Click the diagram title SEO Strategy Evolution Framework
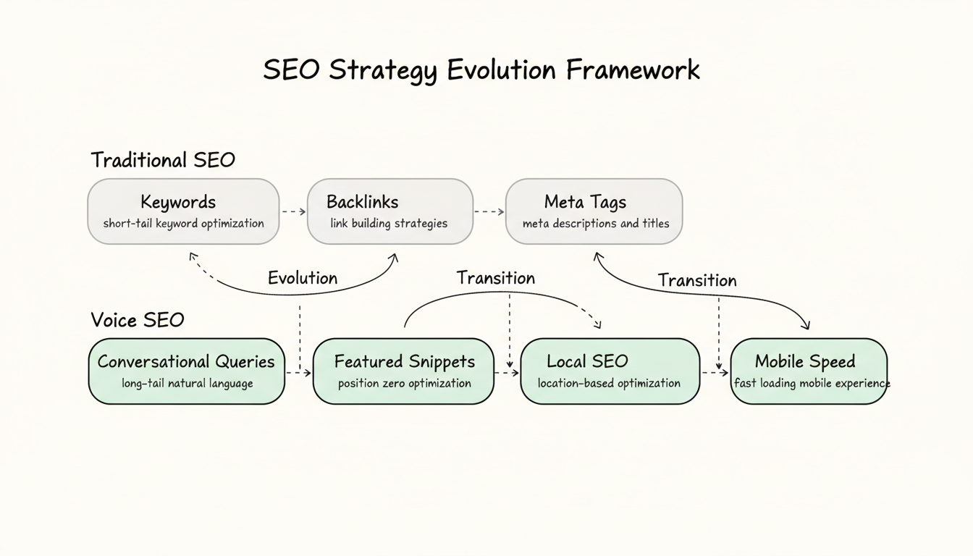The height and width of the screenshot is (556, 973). coord(481,70)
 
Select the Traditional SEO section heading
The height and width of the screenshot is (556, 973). coord(163,160)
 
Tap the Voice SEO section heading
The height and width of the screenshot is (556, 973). coord(138,320)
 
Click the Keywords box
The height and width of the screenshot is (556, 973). coord(183,211)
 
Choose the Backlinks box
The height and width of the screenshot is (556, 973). coord(389,211)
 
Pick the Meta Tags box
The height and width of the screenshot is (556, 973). coord(594,211)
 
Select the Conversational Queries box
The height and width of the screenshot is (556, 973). coord(186,371)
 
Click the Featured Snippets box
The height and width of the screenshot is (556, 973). coord(403,371)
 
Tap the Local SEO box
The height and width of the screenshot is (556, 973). coord(610,371)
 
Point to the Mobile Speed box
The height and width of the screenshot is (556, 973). coord(809,371)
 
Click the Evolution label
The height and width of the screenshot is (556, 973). coord(303,278)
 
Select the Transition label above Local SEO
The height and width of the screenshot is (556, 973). coord(496,278)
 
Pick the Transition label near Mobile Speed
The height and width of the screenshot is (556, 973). coord(697,280)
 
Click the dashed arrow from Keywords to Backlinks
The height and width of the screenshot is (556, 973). coord(293,211)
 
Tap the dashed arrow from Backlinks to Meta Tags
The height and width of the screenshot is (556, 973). coord(489,211)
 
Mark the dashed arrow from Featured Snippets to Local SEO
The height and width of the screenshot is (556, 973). coord(507,373)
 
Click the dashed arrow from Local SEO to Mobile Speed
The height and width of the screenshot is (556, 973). coord(715,373)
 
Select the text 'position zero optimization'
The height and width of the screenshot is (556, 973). coord(404,383)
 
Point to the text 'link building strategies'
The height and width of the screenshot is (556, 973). coord(389,223)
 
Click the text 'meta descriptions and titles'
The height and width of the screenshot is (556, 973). coord(596,223)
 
